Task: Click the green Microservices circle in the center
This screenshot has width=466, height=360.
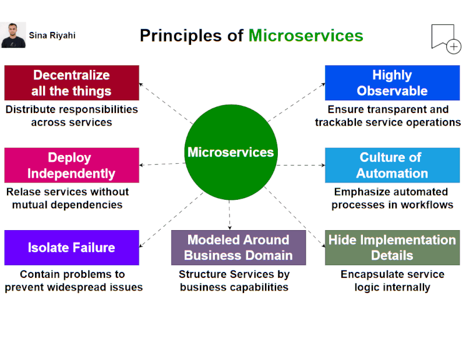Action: tap(230, 153)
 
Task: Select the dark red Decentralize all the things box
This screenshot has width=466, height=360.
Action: tap(72, 83)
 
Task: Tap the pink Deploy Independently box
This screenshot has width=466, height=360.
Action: tap(72, 165)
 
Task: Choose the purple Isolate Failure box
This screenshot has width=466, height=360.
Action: tap(72, 248)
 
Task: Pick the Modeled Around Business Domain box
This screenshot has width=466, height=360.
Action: tap(238, 248)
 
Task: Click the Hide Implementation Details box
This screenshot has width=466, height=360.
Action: tap(392, 248)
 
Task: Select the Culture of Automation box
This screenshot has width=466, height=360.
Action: tap(392, 165)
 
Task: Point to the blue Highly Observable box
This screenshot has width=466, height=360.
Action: tap(392, 83)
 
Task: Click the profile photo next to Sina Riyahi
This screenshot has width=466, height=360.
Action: tap(13, 35)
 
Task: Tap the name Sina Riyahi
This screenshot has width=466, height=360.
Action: tap(52, 36)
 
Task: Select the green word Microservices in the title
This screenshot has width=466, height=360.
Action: tap(306, 36)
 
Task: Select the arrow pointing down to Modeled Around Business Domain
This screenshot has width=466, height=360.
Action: tap(230, 216)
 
